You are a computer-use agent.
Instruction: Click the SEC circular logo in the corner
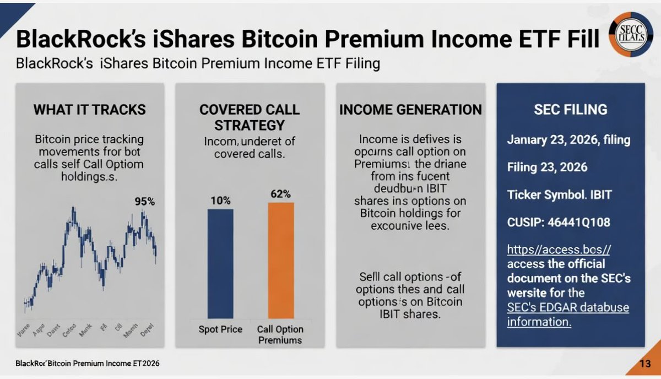[632, 34]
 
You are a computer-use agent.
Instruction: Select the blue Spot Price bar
[220, 263]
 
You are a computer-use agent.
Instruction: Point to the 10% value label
[220, 201]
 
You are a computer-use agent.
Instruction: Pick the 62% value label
[281, 194]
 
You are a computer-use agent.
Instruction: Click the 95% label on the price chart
[145, 202]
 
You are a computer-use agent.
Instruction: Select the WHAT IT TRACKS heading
[90, 109]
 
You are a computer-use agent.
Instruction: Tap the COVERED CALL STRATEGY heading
[250, 117]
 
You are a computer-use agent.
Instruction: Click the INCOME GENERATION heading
[410, 109]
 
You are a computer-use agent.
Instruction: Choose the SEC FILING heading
[570, 109]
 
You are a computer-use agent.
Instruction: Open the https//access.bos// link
[558, 250]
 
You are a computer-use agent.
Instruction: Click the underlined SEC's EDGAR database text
[568, 307]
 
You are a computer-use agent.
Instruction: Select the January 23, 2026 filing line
[568, 140]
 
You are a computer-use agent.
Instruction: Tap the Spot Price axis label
[220, 329]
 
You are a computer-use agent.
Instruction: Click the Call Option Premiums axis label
[280, 334]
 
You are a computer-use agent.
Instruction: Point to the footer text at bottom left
[88, 364]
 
